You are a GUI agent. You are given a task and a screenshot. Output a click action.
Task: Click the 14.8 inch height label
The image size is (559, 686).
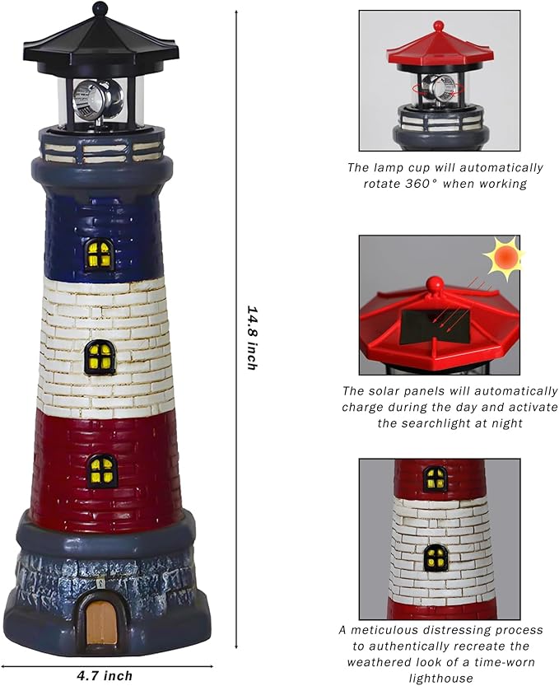click(253, 337)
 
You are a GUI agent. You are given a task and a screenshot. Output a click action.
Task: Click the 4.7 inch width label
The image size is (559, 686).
click(105, 675)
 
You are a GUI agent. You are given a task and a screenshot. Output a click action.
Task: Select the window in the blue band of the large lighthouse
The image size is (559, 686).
click(100, 254)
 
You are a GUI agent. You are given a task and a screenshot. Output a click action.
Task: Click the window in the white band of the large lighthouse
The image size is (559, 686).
click(100, 357)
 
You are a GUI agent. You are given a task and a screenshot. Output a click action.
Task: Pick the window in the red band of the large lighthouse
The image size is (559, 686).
click(102, 470)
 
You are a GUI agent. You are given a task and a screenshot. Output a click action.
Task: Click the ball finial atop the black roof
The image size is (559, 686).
click(100, 10)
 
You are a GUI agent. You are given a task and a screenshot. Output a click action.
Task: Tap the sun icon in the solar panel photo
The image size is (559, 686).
click(503, 258)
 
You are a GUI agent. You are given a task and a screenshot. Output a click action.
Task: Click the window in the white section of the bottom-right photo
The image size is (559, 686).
click(436, 558)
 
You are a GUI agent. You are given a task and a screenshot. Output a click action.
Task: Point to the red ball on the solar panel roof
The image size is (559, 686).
click(434, 285)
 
